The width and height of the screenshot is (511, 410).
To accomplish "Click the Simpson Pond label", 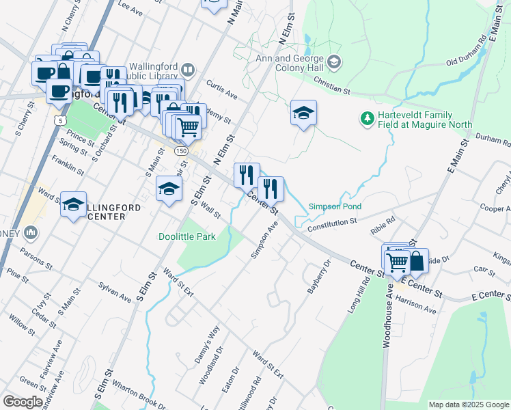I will [x=334, y=206].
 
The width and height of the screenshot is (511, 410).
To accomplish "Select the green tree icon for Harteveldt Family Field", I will [x=368, y=119].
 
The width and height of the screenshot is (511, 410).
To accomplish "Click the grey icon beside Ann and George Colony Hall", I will [x=333, y=63].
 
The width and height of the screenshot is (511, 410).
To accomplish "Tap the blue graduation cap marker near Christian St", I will [x=303, y=113].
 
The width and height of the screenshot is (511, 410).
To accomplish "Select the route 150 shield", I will [x=180, y=150].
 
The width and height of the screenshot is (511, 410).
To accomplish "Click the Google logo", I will [x=23, y=401].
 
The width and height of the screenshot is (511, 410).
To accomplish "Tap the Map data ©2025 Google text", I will [x=469, y=405].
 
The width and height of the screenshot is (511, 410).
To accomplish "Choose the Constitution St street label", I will [x=333, y=222].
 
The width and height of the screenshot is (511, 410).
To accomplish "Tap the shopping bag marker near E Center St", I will [x=417, y=260].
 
